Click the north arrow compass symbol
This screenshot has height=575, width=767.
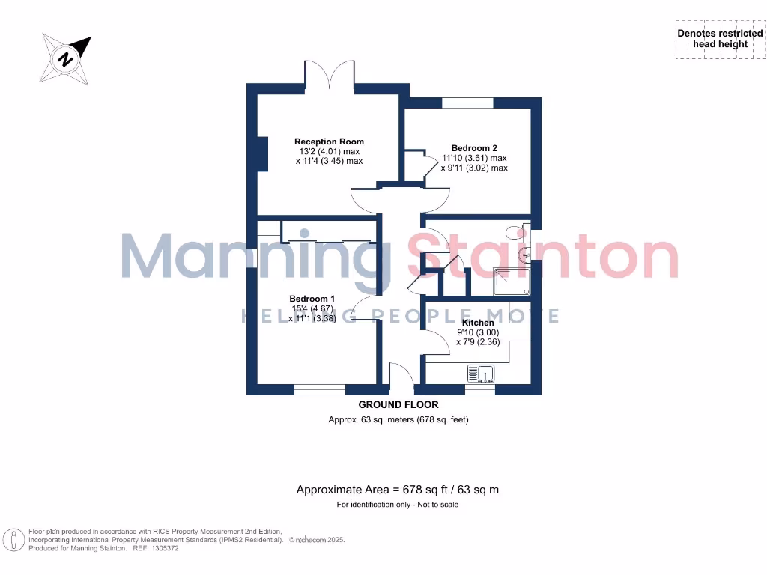pos(66,58)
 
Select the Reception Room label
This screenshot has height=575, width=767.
pos(329,142)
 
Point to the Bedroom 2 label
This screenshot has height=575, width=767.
pos(474,148)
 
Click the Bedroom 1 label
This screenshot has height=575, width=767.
pos(312,299)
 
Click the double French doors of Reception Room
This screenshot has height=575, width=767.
pos(330,76)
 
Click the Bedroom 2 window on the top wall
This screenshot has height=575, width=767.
pos(467,103)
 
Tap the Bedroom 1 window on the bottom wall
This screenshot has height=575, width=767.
pos(319,389)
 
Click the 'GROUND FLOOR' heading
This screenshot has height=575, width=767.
pos(398,405)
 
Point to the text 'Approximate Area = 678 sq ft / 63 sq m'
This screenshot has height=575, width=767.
pos(398,490)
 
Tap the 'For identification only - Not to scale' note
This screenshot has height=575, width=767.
pos(398,505)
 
